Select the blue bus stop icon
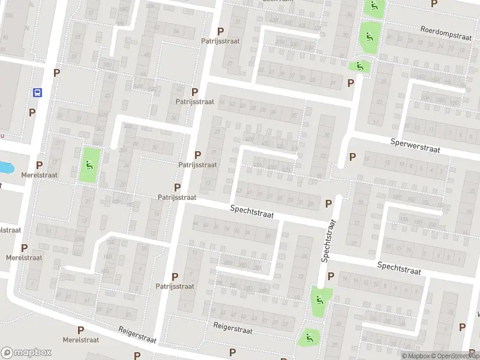(x=37, y=93)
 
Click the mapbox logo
(x=26, y=353)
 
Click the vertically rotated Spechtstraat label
(x=329, y=240)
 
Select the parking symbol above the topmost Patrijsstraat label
(x=220, y=31)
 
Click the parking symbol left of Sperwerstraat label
(x=352, y=157)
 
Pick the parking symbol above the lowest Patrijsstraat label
(x=175, y=277)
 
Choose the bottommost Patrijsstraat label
(x=175, y=286)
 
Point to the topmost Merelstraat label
(x=39, y=175)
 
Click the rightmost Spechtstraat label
(x=400, y=268)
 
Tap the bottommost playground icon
(x=309, y=337)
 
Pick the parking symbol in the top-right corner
(x=434, y=3)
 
